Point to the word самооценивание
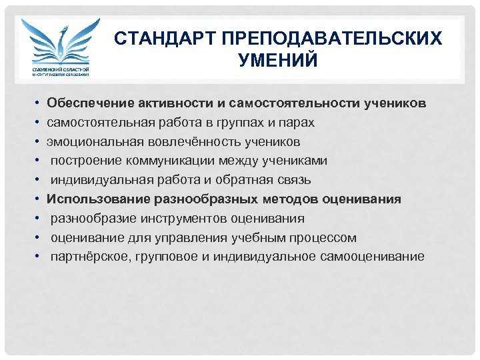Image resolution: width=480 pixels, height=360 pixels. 377,256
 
